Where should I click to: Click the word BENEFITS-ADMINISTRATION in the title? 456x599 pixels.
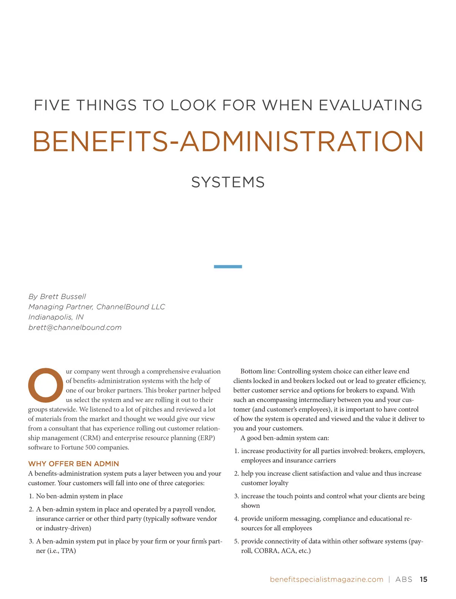[228, 141]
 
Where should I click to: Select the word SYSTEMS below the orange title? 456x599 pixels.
[228, 182]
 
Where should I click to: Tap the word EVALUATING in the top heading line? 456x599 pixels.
[370, 105]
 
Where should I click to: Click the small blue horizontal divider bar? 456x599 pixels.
[228, 267]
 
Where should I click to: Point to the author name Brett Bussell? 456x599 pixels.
[63, 296]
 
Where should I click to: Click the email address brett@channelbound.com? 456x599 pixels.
[75, 327]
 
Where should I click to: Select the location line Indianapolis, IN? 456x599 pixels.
[56, 317]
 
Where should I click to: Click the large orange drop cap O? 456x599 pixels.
[45, 385]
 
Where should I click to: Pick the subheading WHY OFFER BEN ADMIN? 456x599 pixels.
[73, 464]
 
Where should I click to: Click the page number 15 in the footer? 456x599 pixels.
[423, 579]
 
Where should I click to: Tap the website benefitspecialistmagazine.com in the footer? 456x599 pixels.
[326, 579]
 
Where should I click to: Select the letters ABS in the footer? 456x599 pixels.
[404, 579]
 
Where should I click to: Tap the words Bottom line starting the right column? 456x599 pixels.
[258, 371]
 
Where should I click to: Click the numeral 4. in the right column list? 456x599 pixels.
[236, 519]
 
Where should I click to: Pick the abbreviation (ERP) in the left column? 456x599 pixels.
[206, 438]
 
